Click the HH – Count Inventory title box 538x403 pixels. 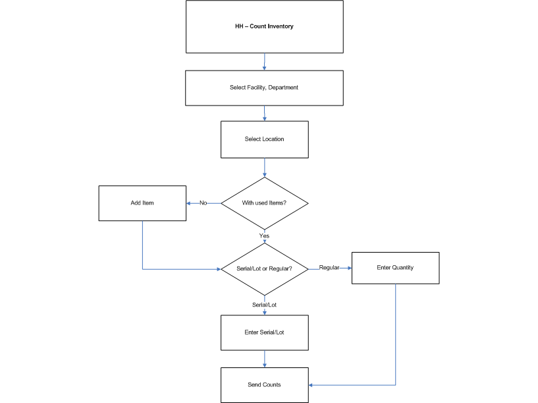[264, 26]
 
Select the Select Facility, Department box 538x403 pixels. [264, 88]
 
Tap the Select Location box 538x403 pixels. [264, 139]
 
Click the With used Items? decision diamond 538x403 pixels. [264, 203]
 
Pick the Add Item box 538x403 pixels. [142, 203]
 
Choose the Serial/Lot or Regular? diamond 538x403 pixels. [264, 269]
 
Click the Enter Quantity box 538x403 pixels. [395, 268]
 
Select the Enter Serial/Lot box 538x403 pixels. [264, 332]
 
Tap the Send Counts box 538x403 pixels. [264, 385]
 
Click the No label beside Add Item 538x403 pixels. [203, 203]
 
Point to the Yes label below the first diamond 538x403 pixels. [264, 235]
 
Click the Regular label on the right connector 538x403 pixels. [329, 268]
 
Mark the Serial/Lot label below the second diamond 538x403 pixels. [264, 305]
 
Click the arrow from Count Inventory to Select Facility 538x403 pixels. [264, 62]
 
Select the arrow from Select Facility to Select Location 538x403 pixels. [264, 113]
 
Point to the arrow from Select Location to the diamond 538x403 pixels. [264, 168]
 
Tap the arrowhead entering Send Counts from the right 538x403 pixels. [311, 385]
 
